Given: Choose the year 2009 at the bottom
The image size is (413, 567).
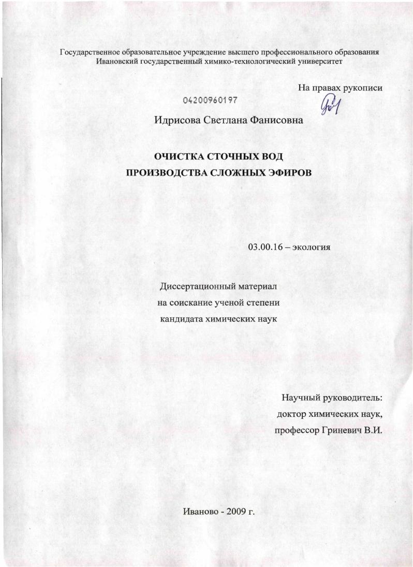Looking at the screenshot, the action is click(x=236, y=512).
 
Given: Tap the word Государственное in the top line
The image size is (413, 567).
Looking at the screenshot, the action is click(x=90, y=52).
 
